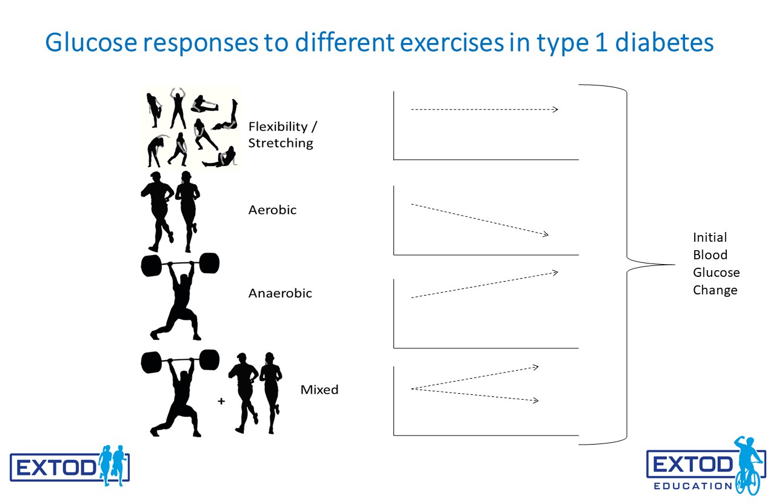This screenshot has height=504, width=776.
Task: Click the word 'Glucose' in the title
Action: [92, 43]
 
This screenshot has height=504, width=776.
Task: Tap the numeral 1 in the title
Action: [601, 42]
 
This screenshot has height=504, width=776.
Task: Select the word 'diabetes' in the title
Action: [664, 42]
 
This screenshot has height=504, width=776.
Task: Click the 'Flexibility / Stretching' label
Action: [283, 134]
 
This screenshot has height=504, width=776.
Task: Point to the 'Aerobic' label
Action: [272, 210]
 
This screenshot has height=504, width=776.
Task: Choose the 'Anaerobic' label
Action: [280, 293]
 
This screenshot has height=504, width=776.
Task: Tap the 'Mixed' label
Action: [319, 390]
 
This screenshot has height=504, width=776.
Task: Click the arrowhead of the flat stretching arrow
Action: [555, 110]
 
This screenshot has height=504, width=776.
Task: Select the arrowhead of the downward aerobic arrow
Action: [545, 234]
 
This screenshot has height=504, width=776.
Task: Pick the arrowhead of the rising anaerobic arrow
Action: [555, 273]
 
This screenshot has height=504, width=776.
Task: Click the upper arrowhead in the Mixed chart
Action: [535, 367]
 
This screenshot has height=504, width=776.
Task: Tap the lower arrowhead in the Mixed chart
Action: [535, 400]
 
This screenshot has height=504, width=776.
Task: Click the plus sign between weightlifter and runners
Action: [221, 401]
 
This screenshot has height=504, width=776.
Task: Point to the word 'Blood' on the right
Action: [710, 255]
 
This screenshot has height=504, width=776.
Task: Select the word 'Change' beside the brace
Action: [715, 290]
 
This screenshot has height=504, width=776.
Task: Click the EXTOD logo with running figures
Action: [70, 466]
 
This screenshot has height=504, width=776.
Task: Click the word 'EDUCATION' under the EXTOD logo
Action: [693, 486]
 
